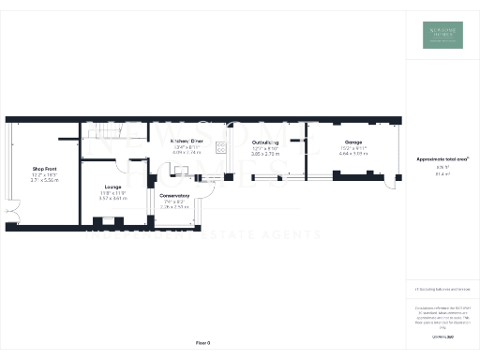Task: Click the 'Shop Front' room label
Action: pos(45,169)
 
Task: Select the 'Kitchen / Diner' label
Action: pos(187,141)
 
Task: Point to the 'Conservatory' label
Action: pos(174,195)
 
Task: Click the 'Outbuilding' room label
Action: pos(266,142)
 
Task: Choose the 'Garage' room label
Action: pos(352,142)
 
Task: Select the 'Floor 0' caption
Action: pos(202,343)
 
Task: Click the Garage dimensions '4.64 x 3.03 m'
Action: pos(352,152)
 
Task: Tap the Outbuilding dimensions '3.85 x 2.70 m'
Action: pos(266,152)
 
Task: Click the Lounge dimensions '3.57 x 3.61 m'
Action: pos(112,198)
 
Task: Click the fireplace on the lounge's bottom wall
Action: pos(100,221)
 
